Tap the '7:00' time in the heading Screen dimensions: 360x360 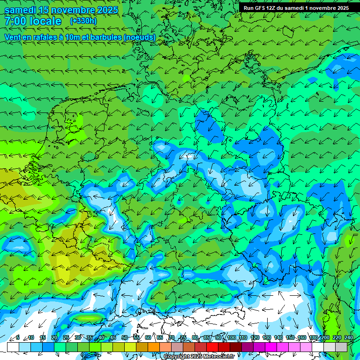(x=15, y=21)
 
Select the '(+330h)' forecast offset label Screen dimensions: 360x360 (x=83, y=21)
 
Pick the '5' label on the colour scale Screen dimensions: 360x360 (x=18, y=338)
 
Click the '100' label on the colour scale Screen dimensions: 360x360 (x=232, y=338)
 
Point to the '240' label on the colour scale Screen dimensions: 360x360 (x=349, y=338)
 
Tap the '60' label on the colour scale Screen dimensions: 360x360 (x=148, y=338)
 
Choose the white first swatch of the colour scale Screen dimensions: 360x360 (x=13, y=347)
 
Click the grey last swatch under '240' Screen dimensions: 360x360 (x=341, y=347)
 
